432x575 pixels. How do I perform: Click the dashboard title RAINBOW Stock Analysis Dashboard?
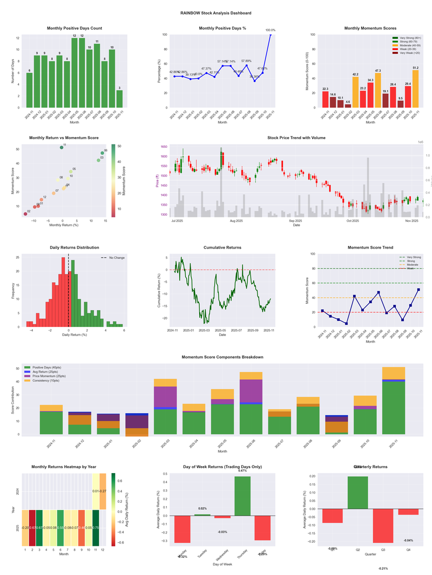(x=215, y=13)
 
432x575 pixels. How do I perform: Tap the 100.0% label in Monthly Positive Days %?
(x=270, y=30)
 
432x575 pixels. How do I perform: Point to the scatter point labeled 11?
(x=62, y=147)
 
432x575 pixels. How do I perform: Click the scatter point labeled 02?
(x=25, y=214)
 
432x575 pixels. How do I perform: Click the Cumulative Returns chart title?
(x=222, y=248)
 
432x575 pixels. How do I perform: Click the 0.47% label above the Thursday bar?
(x=242, y=471)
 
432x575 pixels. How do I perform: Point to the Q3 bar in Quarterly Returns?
(x=383, y=525)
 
